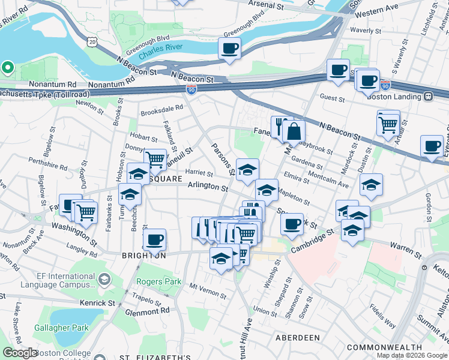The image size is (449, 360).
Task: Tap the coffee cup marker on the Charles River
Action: (x=229, y=49)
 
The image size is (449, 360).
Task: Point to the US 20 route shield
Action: (x=91, y=40)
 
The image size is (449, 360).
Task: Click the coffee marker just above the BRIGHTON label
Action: (x=154, y=240)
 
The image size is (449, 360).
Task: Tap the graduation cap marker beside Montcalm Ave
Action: (x=372, y=185)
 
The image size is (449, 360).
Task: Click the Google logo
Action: (x=20, y=353)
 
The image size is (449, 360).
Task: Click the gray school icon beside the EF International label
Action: (x=104, y=279)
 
